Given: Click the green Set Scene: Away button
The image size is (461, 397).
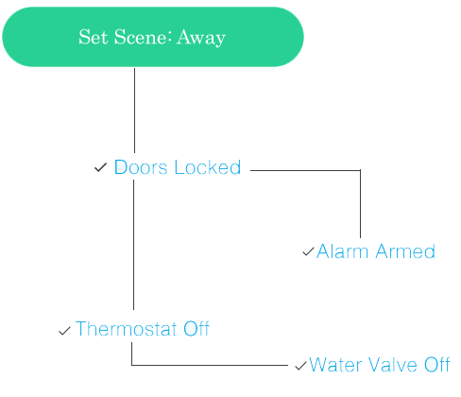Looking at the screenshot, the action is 153,37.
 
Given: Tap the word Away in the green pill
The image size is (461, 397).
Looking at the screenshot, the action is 201,38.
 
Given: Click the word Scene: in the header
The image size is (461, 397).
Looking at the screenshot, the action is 143,37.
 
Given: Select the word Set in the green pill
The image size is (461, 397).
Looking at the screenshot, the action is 94,37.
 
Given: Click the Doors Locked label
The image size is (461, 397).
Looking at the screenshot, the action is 178,167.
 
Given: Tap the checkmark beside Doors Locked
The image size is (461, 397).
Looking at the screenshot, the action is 101,167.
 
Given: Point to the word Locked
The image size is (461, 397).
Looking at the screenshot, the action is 208,167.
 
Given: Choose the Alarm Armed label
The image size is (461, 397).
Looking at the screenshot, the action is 376,251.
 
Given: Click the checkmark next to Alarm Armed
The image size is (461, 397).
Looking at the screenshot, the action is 309,251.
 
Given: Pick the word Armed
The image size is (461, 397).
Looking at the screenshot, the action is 405,251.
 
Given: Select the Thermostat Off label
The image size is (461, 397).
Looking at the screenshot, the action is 143,329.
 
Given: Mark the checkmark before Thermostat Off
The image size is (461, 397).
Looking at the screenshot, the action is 64,331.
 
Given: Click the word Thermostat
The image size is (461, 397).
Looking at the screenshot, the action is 127,329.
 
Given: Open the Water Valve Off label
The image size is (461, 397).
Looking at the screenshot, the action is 380,365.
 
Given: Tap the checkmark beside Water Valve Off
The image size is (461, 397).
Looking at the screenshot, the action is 300,366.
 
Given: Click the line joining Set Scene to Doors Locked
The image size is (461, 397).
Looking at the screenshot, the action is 135,111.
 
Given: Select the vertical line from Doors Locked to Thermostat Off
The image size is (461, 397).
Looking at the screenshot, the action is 134,245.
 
